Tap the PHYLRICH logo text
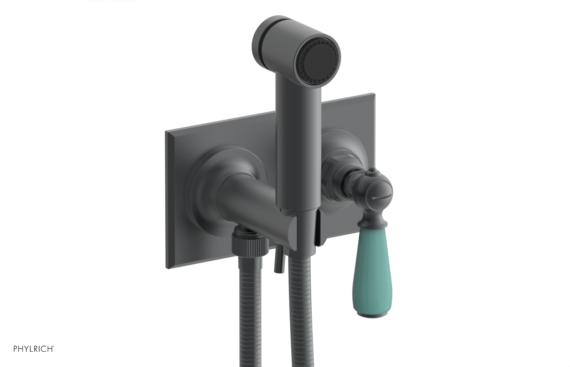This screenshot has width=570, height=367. click(33, 349)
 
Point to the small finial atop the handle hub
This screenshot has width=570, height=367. click(371, 173)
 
